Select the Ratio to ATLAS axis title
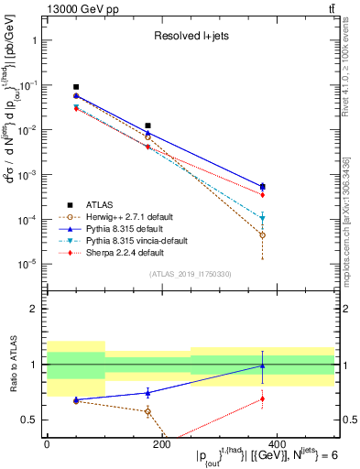[x=12, y=365]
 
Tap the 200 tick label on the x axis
[x=161, y=443]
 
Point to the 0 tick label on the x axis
[x=47, y=443]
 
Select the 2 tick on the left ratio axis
[x=34, y=309]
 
